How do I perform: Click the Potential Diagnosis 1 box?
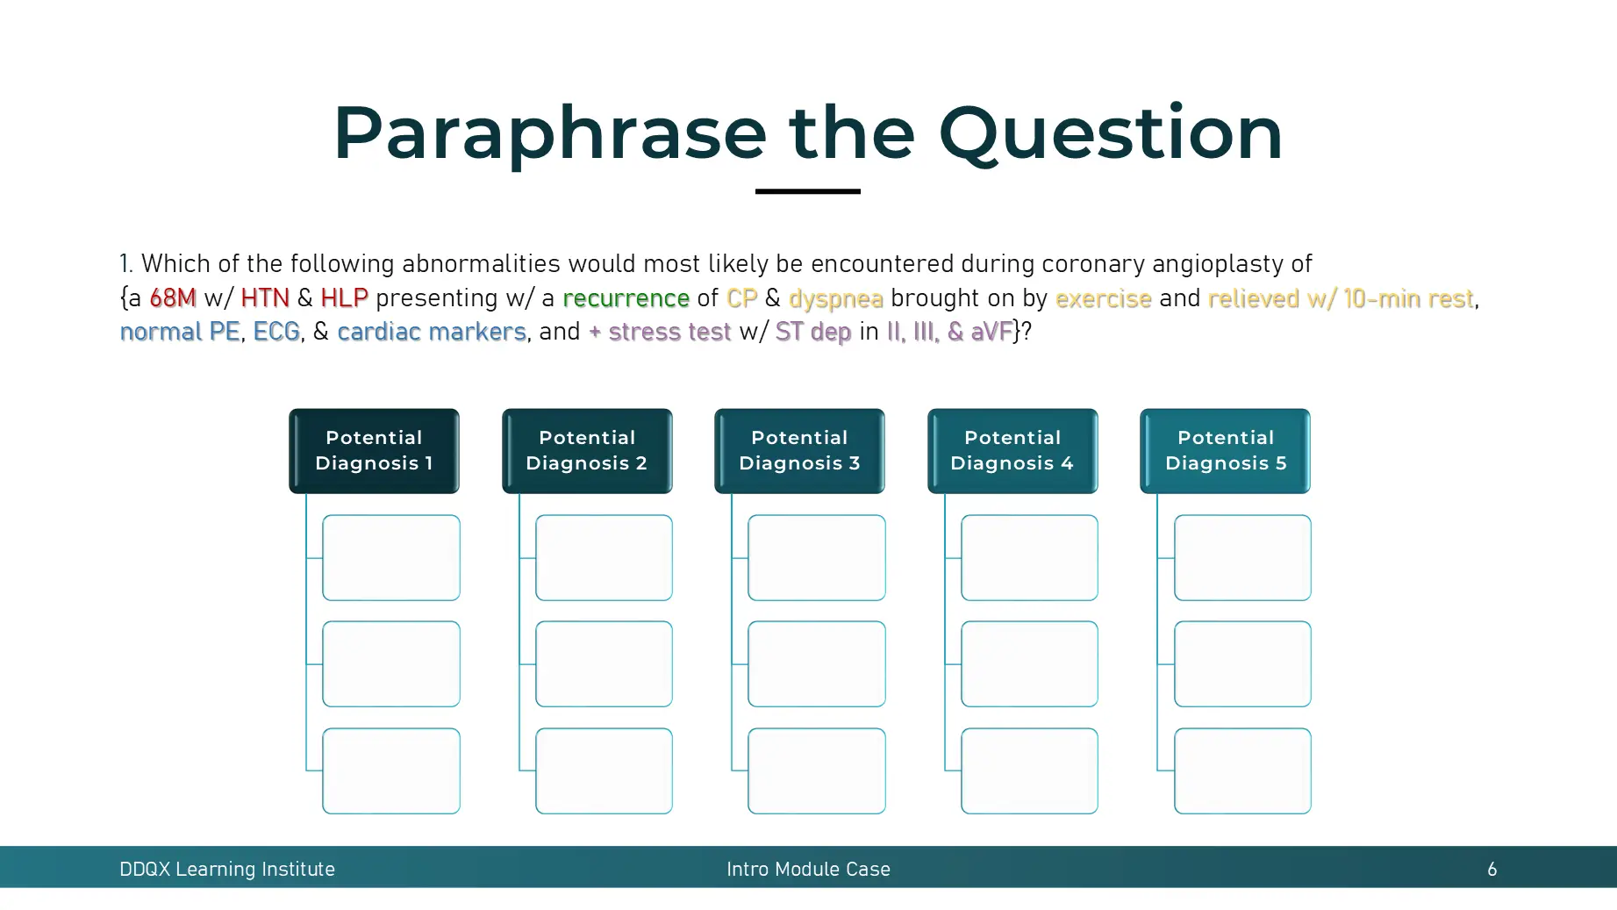pos(374,450)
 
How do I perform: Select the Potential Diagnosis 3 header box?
pos(799,450)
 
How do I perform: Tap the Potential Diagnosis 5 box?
pos(1225,450)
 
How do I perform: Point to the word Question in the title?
pos(1110,133)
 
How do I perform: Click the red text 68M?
pos(173,298)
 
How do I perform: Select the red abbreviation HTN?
pos(265,298)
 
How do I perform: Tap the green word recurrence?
pos(626,298)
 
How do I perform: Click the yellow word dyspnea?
pos(835,299)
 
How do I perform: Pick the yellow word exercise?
pos(1103,298)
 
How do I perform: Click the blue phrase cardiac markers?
pos(432,332)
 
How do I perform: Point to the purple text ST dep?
pos(813,332)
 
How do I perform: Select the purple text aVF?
pos(991,332)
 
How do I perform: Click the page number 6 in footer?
pos(1492,869)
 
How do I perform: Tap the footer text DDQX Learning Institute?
pos(227,869)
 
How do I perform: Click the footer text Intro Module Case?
pos(808,869)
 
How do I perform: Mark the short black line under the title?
pos(807,190)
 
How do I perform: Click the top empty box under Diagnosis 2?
pos(604,557)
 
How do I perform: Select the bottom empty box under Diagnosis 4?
pos(1029,770)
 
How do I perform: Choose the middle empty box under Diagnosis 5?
pos(1242,663)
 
